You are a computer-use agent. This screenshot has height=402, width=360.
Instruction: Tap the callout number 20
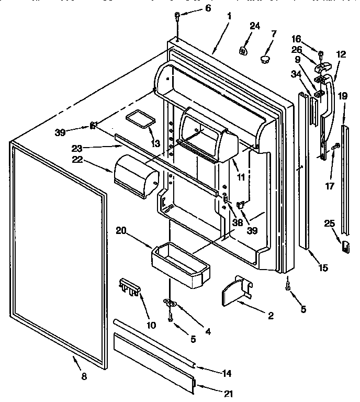tap(122, 230)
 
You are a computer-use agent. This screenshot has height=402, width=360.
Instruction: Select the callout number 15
tap(322, 267)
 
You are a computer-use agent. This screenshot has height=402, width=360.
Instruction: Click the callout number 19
tap(342, 96)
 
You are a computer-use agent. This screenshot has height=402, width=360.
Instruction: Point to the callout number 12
tap(341, 54)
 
